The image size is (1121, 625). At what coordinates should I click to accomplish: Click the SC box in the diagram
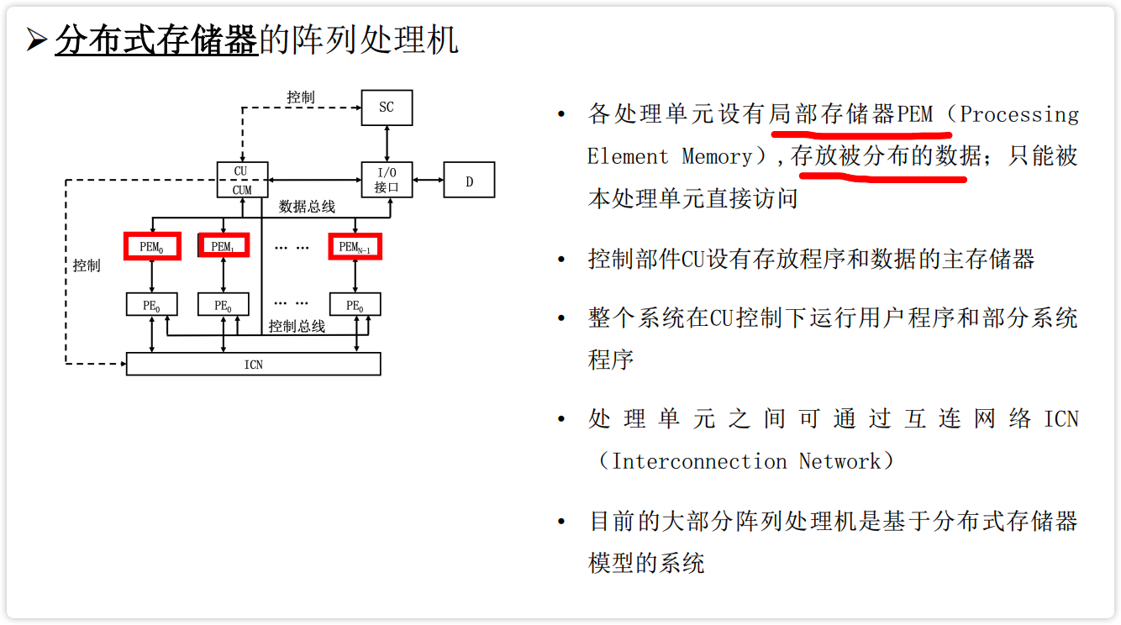(x=387, y=108)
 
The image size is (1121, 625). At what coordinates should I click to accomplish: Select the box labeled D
(x=469, y=181)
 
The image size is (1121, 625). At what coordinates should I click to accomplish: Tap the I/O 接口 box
(x=387, y=180)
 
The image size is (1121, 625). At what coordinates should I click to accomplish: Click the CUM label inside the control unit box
(x=242, y=190)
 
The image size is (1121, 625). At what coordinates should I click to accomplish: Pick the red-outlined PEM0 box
(x=152, y=246)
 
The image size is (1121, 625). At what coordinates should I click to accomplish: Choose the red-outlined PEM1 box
(x=223, y=246)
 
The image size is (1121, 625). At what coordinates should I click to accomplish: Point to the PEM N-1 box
(x=355, y=246)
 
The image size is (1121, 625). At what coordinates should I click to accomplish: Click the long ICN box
(x=253, y=364)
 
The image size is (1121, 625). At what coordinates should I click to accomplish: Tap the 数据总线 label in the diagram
(x=307, y=207)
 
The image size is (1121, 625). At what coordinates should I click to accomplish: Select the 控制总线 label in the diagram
(x=297, y=326)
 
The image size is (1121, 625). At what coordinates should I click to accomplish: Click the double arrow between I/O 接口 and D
(x=428, y=180)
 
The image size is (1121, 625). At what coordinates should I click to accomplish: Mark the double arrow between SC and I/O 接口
(x=387, y=144)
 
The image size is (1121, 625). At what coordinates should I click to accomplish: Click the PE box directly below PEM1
(x=223, y=305)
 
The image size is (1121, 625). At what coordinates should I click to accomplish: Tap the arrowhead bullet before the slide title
(x=35, y=40)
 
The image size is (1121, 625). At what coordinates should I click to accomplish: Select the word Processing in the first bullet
(x=1018, y=114)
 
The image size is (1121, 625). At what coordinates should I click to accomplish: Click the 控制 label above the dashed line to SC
(x=300, y=97)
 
